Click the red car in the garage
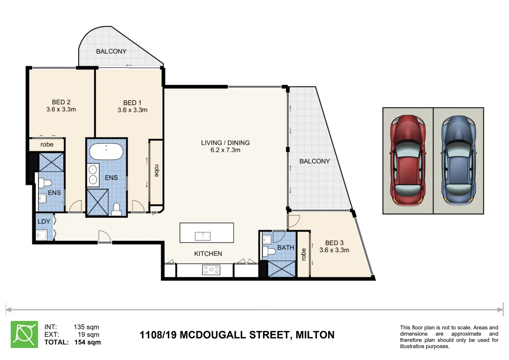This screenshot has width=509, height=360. pyautogui.click(x=408, y=161)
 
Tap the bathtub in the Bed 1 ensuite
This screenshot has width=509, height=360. pyautogui.click(x=106, y=152)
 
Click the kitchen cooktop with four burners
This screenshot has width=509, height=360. pyautogui.click(x=211, y=270)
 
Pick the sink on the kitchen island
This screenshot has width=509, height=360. pyautogui.click(x=203, y=236)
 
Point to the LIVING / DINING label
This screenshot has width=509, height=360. pyautogui.click(x=225, y=143)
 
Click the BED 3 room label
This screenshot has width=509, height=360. pyautogui.click(x=334, y=243)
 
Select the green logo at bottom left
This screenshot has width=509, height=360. pyautogui.click(x=24, y=334)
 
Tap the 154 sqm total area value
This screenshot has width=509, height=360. pyautogui.click(x=87, y=342)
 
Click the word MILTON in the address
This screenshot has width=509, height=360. pyautogui.click(x=315, y=335)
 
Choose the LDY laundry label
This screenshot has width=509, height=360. pyautogui.click(x=44, y=222)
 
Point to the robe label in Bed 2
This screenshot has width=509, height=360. pyautogui.click(x=47, y=144)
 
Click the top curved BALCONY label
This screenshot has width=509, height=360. pyautogui.click(x=111, y=51)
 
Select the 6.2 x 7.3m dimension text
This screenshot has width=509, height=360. pyautogui.click(x=225, y=150)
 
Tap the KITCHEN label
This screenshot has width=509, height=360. pyautogui.click(x=208, y=254)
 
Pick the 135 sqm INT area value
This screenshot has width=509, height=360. pyautogui.click(x=86, y=327)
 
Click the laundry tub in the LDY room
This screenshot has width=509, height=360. pyautogui.click(x=42, y=235)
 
